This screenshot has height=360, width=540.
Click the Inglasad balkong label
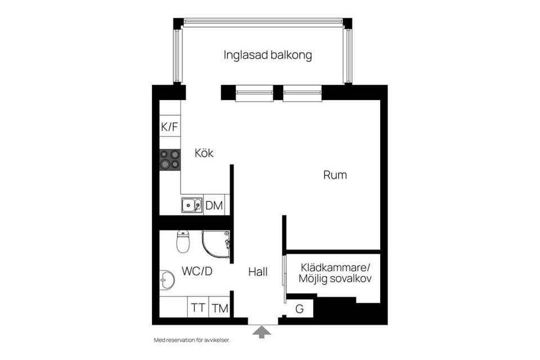click(267, 56)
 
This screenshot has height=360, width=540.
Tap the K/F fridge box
click(169, 127)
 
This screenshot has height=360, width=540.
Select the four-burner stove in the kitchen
click(170, 159)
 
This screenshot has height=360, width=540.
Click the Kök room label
click(204, 153)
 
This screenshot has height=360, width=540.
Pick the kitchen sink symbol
click(192, 205)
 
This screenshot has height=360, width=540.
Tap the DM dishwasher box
click(214, 206)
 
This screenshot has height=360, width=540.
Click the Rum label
click(335, 175)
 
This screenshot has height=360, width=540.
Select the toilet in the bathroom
click(183, 241)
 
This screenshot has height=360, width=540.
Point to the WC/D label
click(197, 272)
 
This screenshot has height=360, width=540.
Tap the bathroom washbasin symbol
click(166, 278)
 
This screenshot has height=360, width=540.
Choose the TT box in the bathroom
click(197, 308)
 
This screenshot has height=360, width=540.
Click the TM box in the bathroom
click(219, 308)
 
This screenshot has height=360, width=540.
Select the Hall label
click(258, 272)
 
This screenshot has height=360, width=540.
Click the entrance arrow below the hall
click(261, 332)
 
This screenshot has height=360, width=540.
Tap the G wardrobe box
click(299, 308)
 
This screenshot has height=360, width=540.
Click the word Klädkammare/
click(336, 267)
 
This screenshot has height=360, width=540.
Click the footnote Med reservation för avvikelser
click(192, 340)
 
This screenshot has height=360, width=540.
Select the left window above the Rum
click(254, 93)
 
